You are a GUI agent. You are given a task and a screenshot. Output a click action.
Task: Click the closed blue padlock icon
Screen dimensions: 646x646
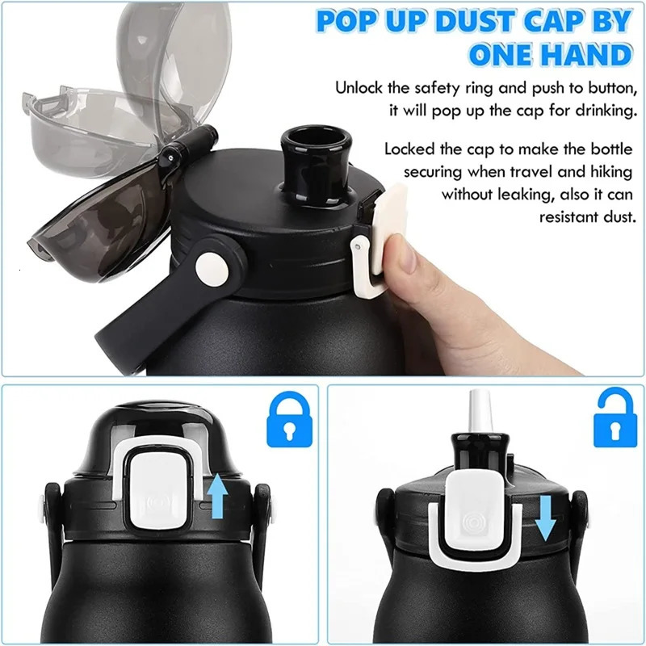287,421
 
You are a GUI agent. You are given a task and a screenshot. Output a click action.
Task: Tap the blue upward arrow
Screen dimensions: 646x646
216,495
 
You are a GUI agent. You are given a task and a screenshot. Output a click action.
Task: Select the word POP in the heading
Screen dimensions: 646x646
348,20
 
